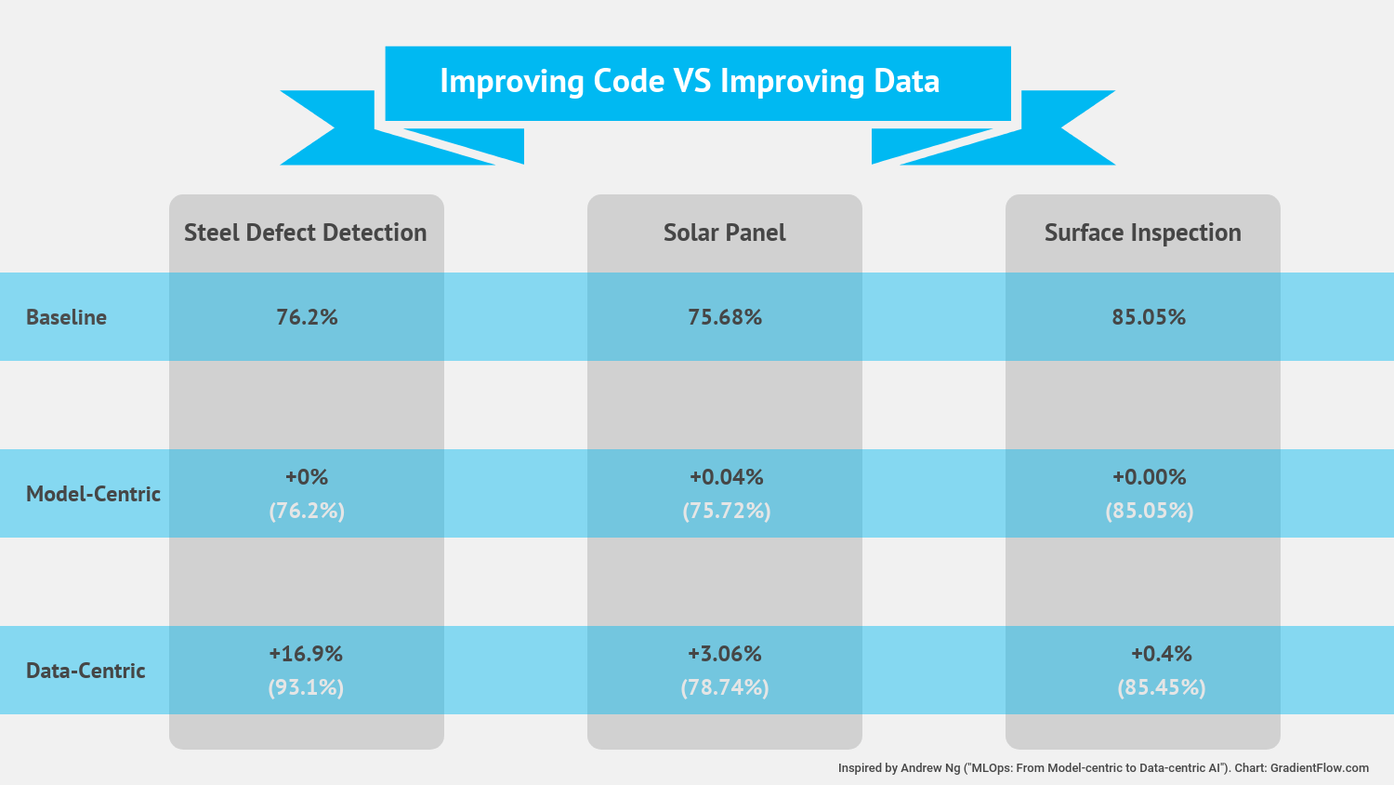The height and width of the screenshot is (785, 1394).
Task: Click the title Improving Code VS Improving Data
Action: tap(690, 82)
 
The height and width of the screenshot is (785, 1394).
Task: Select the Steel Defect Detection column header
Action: tap(305, 233)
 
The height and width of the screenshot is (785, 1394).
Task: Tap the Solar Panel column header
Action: tap(724, 233)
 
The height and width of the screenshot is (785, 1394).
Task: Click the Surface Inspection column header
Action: tap(1142, 233)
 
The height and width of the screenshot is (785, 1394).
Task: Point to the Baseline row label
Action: tap(66, 317)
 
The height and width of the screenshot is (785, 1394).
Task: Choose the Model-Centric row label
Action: tap(93, 494)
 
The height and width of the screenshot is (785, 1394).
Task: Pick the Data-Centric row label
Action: tap(85, 671)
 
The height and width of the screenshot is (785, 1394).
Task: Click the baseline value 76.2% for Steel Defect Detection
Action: tap(307, 317)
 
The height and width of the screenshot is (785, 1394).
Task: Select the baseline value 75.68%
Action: tap(725, 317)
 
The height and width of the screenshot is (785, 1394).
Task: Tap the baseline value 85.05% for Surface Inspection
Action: tap(1149, 317)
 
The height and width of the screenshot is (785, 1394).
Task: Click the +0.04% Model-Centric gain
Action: tap(726, 477)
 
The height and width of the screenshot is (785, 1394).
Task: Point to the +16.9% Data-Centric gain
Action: tap(306, 654)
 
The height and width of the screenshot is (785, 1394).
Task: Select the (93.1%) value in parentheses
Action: tap(306, 687)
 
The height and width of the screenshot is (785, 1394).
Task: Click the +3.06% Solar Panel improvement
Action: tap(725, 654)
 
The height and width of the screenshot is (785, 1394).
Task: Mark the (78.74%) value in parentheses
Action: tap(725, 687)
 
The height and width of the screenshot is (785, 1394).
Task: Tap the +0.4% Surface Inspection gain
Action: tap(1161, 654)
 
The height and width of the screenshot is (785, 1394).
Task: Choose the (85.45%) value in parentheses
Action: tap(1161, 687)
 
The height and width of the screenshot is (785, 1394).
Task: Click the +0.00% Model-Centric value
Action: tap(1149, 477)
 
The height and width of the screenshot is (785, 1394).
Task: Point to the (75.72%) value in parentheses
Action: tap(726, 511)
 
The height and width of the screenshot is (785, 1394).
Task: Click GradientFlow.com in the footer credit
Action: tap(1319, 768)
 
